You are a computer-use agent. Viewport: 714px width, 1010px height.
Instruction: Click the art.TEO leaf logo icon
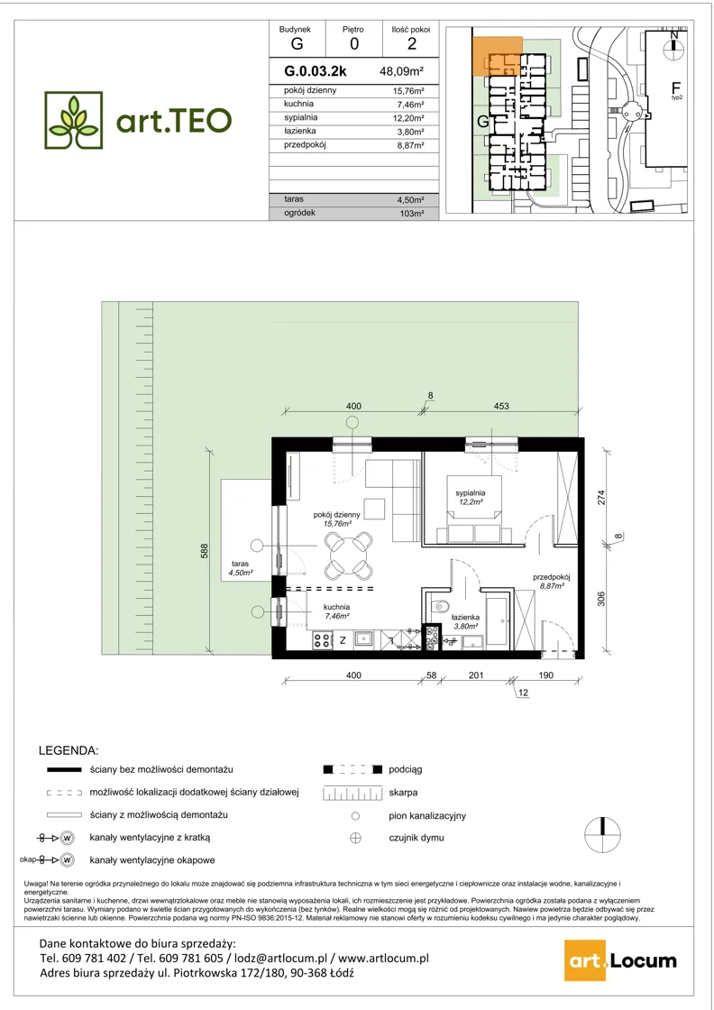pos(73,121)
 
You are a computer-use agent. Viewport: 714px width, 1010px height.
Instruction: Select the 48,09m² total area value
pos(401,71)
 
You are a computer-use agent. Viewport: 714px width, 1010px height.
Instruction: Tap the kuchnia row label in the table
pos(298,104)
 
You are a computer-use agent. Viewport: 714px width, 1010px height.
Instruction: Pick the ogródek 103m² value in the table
pos(411,213)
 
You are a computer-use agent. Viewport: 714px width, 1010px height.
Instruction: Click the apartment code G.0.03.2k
pos(316,71)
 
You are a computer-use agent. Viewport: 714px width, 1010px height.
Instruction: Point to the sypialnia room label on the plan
pos(470,493)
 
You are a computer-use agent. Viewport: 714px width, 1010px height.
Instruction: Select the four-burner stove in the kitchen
pos(322,639)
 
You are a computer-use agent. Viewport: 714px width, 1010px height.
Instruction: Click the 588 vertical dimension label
pos(204,552)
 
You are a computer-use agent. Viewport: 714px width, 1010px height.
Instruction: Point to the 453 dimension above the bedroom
pos(501,406)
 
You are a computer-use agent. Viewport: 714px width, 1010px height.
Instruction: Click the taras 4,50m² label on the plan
pos(240,568)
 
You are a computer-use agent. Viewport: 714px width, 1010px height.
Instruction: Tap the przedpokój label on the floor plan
pos(551,578)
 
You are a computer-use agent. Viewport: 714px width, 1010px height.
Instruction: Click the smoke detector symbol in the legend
pos(355,838)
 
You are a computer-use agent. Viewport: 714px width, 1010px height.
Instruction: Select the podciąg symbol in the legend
pos(352,770)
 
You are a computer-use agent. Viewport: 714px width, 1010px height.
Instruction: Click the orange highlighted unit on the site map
pos(497,56)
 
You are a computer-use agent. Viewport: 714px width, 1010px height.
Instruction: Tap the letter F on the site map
pos(676,87)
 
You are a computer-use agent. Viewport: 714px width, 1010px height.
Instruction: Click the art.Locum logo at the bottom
pos(620,961)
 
